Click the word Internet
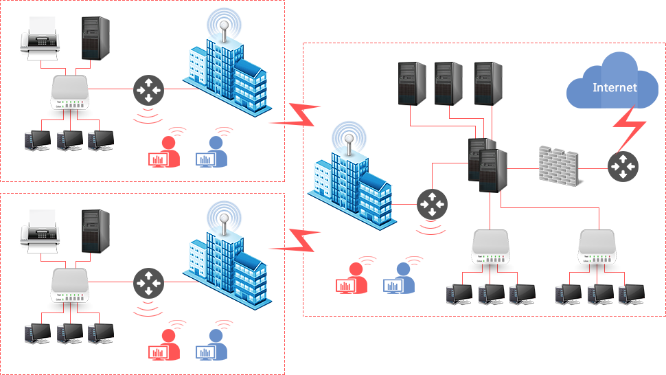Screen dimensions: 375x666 (615, 88)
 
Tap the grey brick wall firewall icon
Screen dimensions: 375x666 (562, 166)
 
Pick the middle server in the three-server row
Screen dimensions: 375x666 (448, 84)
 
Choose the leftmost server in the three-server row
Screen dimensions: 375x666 (412, 84)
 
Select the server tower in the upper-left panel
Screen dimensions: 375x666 (95, 38)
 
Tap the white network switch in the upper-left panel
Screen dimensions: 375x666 (69, 95)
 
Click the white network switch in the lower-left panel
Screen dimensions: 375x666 (69, 288)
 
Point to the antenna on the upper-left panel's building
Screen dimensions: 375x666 (225, 25)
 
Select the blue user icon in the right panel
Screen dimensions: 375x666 (398, 278)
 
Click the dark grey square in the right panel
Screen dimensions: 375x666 (432, 204)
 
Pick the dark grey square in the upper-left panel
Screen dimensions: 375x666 (148, 90)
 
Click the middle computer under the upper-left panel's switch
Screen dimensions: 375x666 (70, 141)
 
